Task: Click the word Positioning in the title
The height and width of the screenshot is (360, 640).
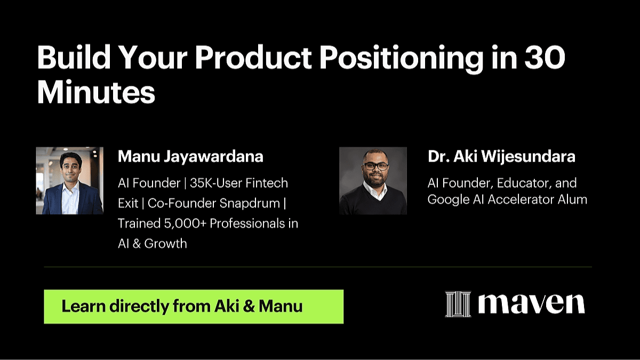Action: tap(401, 58)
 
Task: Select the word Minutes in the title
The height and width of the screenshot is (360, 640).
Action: tap(96, 92)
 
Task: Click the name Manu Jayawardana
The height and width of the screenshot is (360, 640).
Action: tap(190, 157)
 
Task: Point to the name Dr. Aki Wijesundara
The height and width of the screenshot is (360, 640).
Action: tap(501, 157)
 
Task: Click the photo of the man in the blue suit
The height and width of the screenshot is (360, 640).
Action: tap(70, 181)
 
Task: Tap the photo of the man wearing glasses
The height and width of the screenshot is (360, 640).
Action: tap(373, 181)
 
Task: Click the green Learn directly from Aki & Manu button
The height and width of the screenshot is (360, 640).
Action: tap(194, 307)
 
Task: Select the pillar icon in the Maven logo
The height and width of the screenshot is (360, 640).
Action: tap(458, 304)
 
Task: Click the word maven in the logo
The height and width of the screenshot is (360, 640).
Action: tap(531, 304)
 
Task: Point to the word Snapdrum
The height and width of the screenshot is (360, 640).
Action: tap(250, 203)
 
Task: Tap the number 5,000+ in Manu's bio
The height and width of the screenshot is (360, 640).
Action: tap(185, 223)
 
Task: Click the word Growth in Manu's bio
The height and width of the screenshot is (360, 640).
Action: tap(165, 244)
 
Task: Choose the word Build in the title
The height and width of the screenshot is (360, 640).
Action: tap(74, 57)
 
